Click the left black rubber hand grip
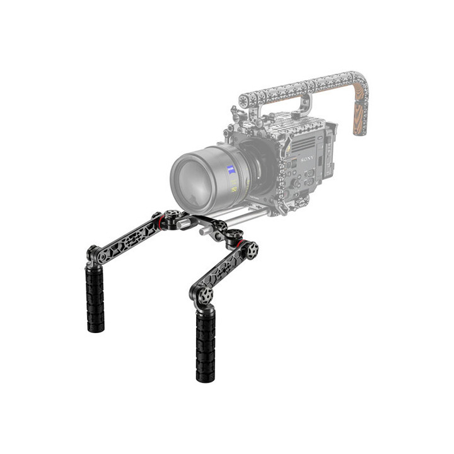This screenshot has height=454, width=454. tap(95, 296)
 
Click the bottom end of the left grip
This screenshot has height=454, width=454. tap(95, 327)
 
